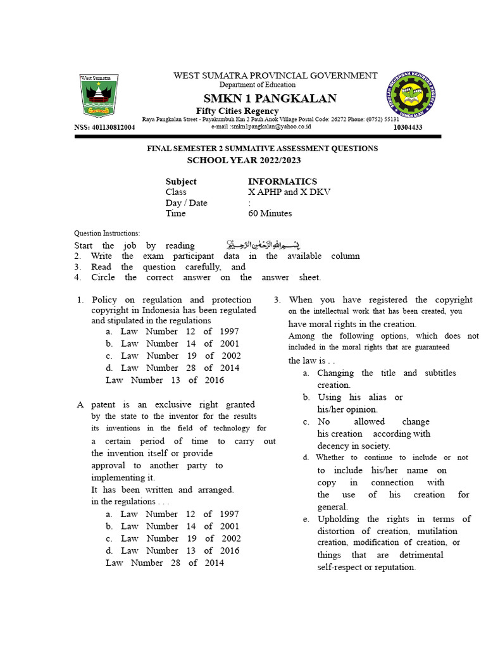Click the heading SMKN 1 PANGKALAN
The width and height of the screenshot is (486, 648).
click(270, 98)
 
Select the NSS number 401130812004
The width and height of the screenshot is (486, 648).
click(104, 127)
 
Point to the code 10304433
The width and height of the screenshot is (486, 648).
click(408, 127)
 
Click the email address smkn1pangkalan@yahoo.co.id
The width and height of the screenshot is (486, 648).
click(261, 127)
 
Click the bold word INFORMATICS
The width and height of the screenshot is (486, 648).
click(282, 181)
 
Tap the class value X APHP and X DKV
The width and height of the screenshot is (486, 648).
click(289, 192)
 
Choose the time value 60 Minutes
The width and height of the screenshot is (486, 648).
click(270, 213)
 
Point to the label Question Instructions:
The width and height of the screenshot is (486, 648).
click(107, 234)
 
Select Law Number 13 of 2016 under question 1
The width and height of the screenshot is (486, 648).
click(165, 380)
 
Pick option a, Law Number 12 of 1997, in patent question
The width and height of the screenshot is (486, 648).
click(173, 514)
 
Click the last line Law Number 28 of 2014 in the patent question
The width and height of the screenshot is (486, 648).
click(165, 563)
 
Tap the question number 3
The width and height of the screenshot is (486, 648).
click(277, 300)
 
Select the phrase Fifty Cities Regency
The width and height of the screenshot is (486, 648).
click(233, 111)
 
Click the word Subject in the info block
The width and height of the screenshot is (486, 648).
click(181, 181)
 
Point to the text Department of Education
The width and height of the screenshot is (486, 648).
click(257, 85)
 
